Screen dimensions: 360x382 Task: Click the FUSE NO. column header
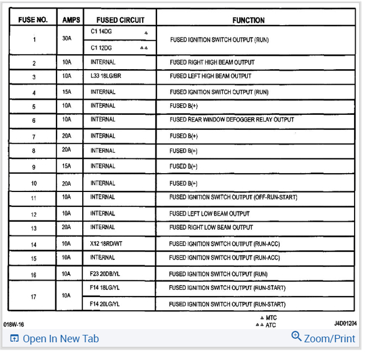[x=34, y=20]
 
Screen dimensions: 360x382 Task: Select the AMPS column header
[x=71, y=20]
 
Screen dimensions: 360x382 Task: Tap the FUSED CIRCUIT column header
[x=120, y=20]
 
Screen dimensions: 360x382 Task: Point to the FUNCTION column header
[x=248, y=20]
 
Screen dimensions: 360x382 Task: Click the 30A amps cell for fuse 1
[x=67, y=39]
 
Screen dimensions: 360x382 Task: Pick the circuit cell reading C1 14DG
[x=101, y=33]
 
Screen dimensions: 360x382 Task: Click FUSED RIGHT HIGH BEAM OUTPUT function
[x=212, y=62]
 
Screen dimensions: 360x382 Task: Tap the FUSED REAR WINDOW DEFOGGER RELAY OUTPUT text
[x=232, y=120]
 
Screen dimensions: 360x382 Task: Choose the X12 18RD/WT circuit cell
[x=107, y=244]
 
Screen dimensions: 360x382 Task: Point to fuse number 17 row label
[x=34, y=296]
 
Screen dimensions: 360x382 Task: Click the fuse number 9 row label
[x=34, y=167]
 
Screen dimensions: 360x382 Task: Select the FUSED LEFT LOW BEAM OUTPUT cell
[x=210, y=214]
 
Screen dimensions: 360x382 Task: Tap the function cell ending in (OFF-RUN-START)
[x=233, y=198]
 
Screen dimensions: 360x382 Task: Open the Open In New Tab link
[x=55, y=339]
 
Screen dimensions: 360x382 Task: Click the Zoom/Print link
[x=324, y=338]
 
